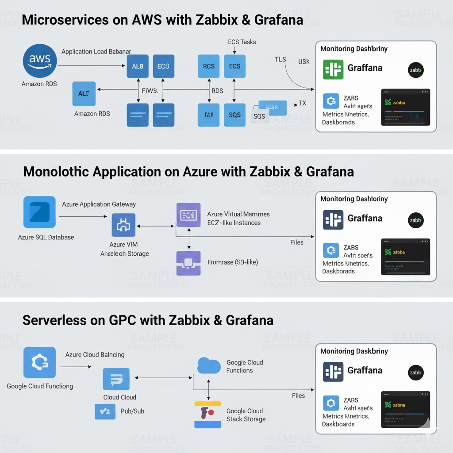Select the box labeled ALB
(138, 66)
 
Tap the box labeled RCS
(208, 66)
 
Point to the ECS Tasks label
(242, 42)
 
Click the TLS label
(280, 59)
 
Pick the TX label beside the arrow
(302, 103)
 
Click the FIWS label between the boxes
(150, 91)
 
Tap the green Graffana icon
(333, 69)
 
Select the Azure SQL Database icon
(39, 212)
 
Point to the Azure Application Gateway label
(99, 204)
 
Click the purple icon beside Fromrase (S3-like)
(188, 263)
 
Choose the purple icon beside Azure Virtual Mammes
(188, 215)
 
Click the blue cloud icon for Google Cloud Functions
(209, 366)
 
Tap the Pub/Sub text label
(132, 411)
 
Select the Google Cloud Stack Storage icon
(207, 415)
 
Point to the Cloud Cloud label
(119, 397)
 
